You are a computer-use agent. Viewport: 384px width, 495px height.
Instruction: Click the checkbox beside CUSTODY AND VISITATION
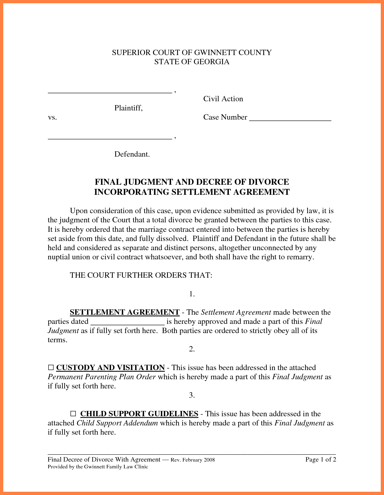pyautogui.click(x=51, y=368)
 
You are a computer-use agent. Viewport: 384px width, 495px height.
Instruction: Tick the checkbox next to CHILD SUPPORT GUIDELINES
pyautogui.click(x=73, y=414)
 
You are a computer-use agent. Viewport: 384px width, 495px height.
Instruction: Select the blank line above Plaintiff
pyautogui.click(x=110, y=91)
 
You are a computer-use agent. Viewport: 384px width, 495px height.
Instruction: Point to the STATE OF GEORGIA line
pyautogui.click(x=192, y=62)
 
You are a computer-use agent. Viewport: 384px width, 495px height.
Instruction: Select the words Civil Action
pyautogui.click(x=223, y=99)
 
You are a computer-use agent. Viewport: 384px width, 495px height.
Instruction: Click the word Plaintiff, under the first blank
pyautogui.click(x=128, y=108)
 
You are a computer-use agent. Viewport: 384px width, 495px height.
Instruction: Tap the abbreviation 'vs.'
pyautogui.click(x=52, y=118)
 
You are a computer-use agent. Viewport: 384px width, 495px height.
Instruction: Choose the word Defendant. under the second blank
pyautogui.click(x=132, y=154)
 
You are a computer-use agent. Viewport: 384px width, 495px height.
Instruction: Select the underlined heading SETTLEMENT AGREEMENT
pyautogui.click(x=125, y=312)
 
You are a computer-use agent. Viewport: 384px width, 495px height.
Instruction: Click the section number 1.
pyautogui.click(x=192, y=294)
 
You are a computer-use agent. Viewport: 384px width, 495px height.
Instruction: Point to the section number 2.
pyautogui.click(x=192, y=349)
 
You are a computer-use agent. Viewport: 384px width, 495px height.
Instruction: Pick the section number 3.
pyautogui.click(x=192, y=395)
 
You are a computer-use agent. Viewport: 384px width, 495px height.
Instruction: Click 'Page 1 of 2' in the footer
pyautogui.click(x=321, y=459)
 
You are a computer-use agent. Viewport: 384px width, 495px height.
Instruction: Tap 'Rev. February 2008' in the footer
pyautogui.click(x=193, y=460)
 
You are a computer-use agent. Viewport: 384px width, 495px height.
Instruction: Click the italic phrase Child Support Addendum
pyautogui.click(x=117, y=423)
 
